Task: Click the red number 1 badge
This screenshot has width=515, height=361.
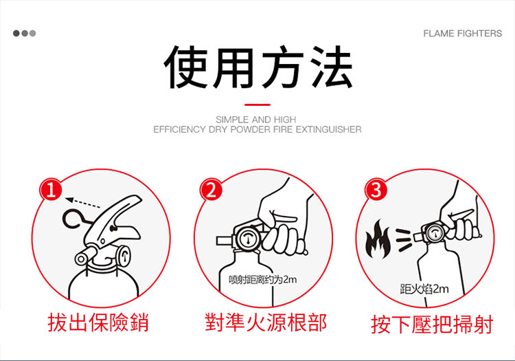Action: tap(51, 189)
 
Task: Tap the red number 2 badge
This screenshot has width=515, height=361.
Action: tap(211, 190)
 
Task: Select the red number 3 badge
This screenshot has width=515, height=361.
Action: tap(376, 190)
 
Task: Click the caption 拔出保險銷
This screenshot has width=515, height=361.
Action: tap(98, 322)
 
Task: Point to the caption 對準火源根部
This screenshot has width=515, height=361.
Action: tap(265, 322)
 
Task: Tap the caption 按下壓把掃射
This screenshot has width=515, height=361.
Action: tap(432, 324)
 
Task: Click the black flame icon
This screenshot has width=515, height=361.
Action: tap(378, 239)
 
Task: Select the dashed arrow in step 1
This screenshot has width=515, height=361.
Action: tap(83, 203)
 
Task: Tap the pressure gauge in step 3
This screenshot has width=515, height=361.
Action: tap(434, 233)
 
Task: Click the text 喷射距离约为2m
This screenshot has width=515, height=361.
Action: tap(263, 279)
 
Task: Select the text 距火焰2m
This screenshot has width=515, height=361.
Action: tap(424, 289)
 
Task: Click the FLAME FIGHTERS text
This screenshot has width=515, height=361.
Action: tap(462, 33)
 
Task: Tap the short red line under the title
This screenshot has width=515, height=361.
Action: tap(257, 105)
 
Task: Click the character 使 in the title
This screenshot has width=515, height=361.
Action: tap(186, 67)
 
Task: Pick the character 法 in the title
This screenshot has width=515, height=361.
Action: tap(332, 67)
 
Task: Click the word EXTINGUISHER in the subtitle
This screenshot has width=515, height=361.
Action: tap(328, 129)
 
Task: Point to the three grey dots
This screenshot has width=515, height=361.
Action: tap(24, 33)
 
